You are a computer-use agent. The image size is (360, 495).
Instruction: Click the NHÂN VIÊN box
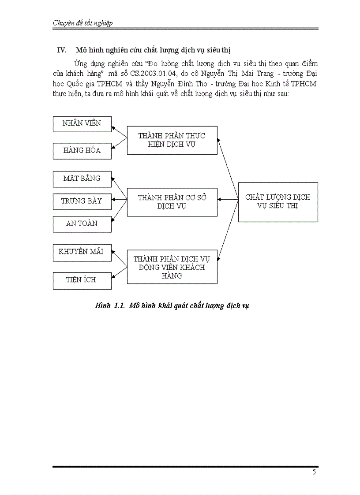click(82, 123)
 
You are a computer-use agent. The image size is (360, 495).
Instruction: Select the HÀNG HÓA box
click(82, 151)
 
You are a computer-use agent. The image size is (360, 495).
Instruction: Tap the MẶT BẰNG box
click(82, 179)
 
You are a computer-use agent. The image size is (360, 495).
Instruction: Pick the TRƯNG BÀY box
click(82, 201)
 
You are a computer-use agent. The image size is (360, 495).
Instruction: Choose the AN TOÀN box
click(82, 224)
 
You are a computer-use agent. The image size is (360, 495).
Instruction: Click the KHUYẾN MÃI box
click(82, 252)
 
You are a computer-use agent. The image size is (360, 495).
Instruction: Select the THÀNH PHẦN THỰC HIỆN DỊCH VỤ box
click(172, 140)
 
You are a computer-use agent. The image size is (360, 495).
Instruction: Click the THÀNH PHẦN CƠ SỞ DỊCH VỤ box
click(172, 202)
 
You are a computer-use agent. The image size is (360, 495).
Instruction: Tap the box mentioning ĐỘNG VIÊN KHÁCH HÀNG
click(172, 267)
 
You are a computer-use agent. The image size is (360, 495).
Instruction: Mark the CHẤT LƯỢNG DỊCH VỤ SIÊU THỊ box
click(278, 202)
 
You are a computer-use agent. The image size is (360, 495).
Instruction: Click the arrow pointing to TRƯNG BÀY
click(119, 201)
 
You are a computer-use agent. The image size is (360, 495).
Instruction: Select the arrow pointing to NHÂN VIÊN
click(119, 132)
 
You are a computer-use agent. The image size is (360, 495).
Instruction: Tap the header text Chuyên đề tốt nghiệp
click(82, 23)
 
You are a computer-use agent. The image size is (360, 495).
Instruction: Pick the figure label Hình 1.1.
click(110, 305)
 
